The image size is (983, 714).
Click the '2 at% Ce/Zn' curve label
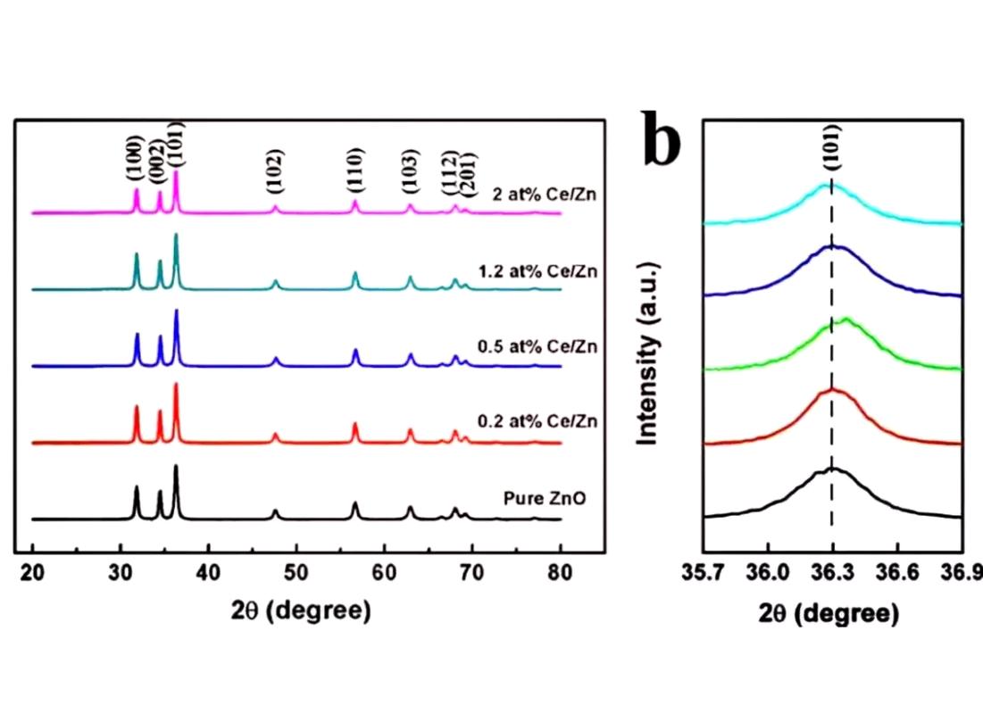coord(544,195)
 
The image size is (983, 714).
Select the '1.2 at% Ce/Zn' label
coord(537,271)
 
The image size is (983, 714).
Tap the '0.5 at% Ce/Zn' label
coord(537,346)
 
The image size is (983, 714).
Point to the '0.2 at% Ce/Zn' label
coord(537,421)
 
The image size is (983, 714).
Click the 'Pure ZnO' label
coord(545,498)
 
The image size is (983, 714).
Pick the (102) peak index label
coord(275,170)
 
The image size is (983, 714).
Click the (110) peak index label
coord(354,170)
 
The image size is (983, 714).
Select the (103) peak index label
coord(409,171)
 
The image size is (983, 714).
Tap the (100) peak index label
coord(136,158)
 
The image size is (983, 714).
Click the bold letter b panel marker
coord(662,139)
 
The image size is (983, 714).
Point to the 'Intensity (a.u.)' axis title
coord(647,354)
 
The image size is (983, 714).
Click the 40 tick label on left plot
coord(208,572)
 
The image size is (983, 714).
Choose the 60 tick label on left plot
coord(384,572)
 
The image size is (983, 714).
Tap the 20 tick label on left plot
coord(32,572)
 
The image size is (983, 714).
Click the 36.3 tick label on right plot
coord(831,573)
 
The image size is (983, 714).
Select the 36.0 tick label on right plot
coord(767,573)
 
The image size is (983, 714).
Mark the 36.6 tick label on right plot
coord(897,573)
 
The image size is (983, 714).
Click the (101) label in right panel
coord(832,148)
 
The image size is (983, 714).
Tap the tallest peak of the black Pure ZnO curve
coord(176,466)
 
